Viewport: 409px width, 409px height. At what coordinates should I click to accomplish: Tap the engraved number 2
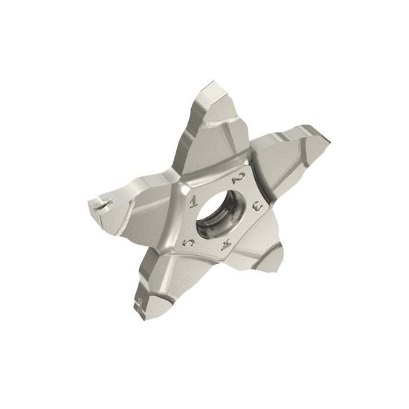[237, 178]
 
